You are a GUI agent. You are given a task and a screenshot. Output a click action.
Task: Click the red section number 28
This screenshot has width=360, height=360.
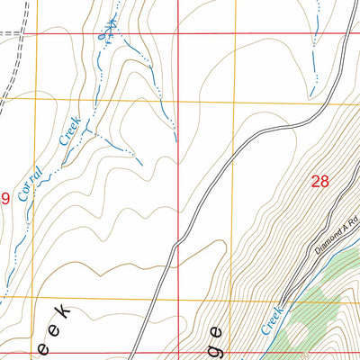pos(319,181)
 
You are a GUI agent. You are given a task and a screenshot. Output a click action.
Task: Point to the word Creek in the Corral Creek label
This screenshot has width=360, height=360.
pos(69,130)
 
